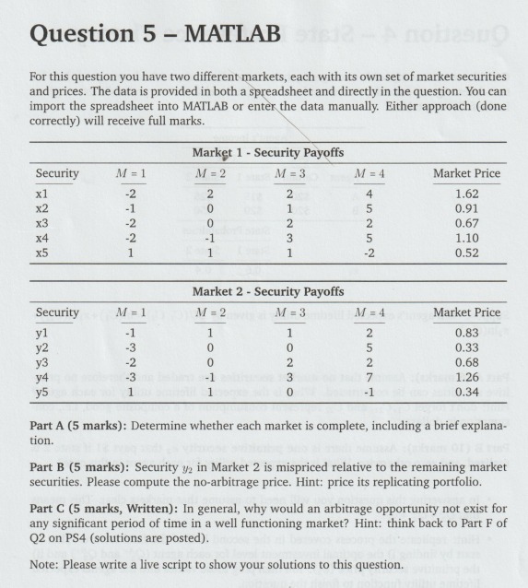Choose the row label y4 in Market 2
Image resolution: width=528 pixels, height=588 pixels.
pos(43,383)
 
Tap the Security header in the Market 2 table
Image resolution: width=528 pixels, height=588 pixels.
pos(57,313)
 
